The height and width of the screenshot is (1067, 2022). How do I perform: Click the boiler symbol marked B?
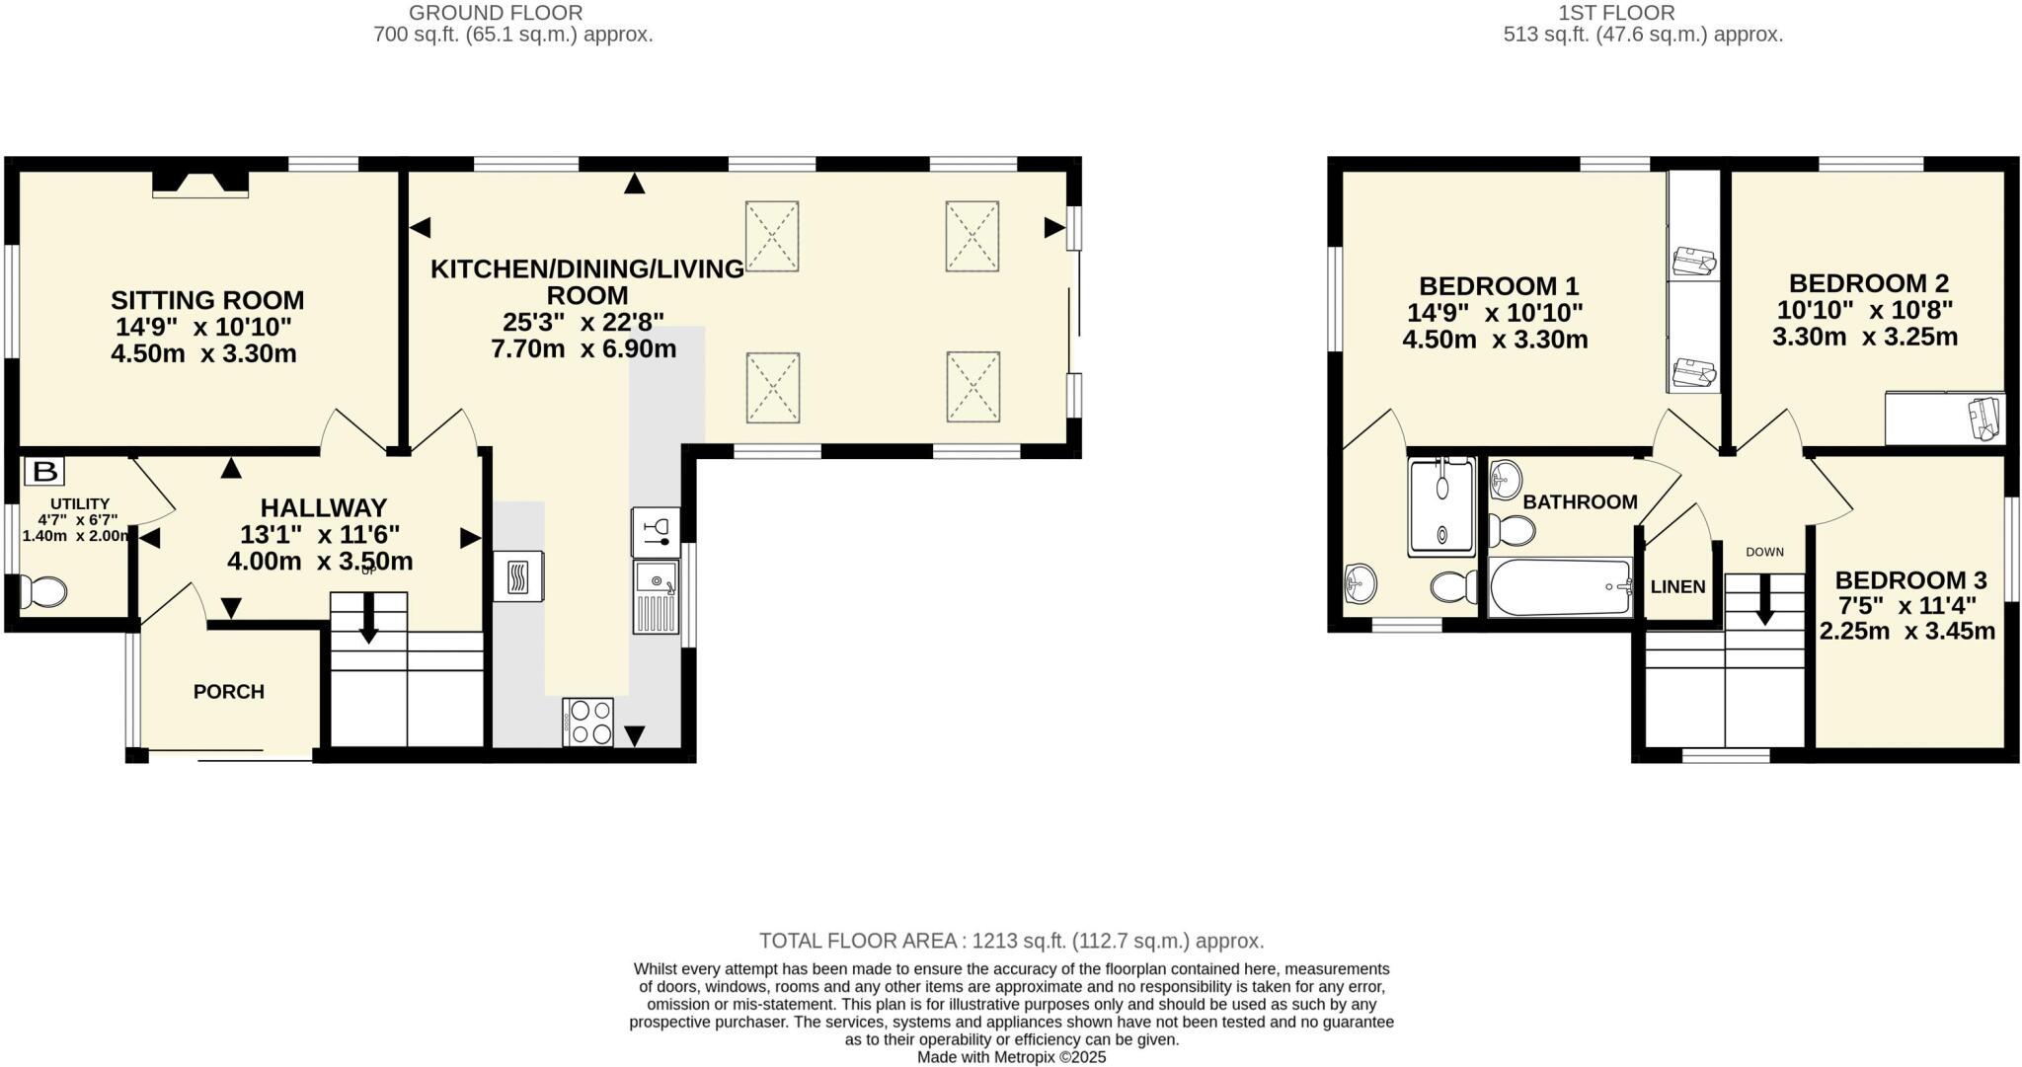[x=44, y=472]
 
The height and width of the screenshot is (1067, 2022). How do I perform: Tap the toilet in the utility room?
[x=43, y=591]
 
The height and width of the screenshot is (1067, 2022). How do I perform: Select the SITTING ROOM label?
[x=207, y=300]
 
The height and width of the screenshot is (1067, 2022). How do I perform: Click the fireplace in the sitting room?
[x=200, y=183]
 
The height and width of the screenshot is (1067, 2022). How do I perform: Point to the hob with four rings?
[x=589, y=722]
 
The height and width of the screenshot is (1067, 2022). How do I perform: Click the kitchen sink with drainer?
[x=657, y=596]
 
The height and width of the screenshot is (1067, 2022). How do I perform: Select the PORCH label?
[x=229, y=692]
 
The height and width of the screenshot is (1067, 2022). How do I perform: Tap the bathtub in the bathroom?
[x=1560, y=586]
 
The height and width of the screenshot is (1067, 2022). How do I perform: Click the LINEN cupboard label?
[x=1678, y=586]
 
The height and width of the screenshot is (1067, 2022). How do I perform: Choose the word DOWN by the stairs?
[x=1764, y=552]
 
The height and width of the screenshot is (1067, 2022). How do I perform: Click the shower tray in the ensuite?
[x=1441, y=506]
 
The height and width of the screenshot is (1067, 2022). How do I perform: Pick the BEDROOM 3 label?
[x=1910, y=580]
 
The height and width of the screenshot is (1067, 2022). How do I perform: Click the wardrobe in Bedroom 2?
[x=1945, y=419]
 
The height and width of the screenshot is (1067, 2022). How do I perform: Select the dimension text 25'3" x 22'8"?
[x=583, y=322]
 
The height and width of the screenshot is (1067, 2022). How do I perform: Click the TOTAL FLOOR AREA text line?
[x=1011, y=941]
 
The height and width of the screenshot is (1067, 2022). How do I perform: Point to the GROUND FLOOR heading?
[x=496, y=13]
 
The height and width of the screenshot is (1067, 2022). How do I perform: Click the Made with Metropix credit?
[x=1011, y=1057]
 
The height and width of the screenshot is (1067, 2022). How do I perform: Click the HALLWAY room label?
[x=323, y=508]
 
